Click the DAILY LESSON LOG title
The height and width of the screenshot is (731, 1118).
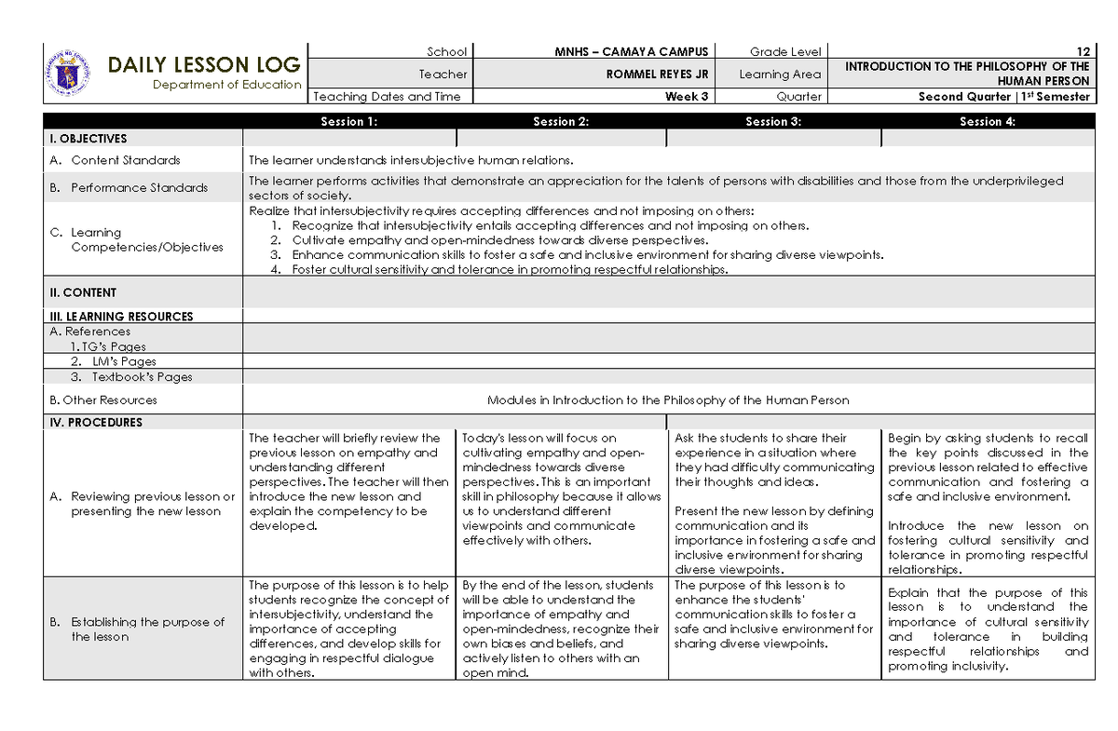[x=204, y=64]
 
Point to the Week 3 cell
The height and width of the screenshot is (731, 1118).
[x=687, y=97]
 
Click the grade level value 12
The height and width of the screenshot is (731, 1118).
[x=1083, y=51]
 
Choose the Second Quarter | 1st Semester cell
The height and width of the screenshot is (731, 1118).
[x=1003, y=97]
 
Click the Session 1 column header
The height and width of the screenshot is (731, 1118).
[x=348, y=121]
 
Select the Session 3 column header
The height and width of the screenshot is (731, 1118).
[x=773, y=121]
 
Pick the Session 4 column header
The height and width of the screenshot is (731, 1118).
[x=987, y=121]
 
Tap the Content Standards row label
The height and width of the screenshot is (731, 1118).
[x=125, y=160]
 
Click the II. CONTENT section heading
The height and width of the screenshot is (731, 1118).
[x=83, y=292]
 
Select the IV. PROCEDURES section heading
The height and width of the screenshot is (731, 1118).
[x=96, y=422]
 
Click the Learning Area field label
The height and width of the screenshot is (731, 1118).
[x=780, y=74]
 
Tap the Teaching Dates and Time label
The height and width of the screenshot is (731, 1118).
[x=388, y=97]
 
